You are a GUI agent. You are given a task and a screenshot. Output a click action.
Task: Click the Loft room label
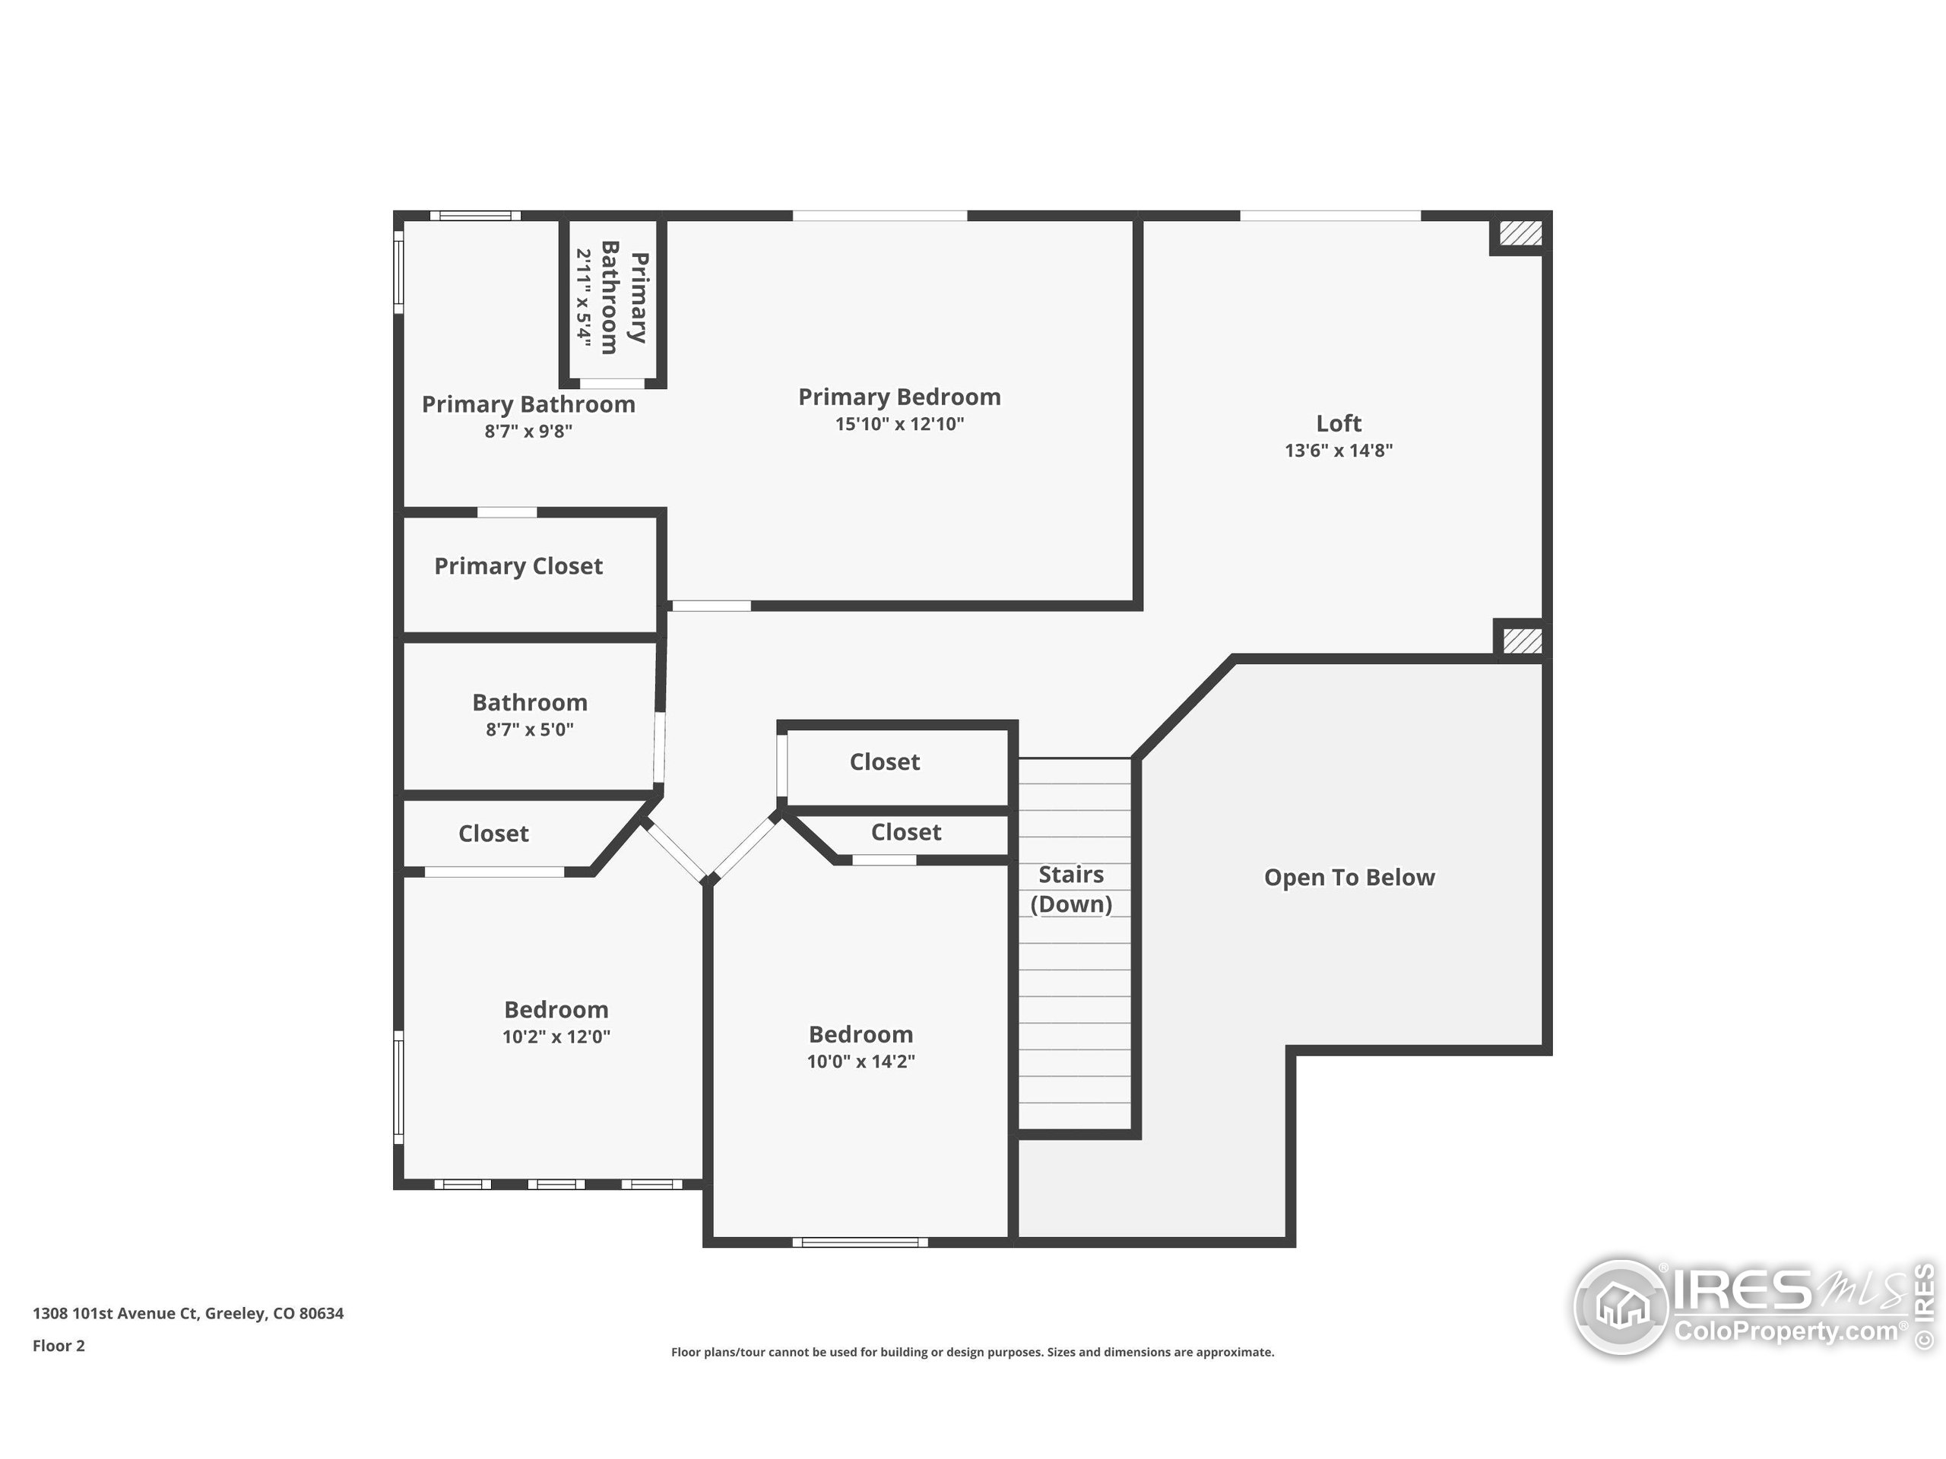point(1338,423)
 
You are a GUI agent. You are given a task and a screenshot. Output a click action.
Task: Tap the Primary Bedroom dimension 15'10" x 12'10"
point(899,424)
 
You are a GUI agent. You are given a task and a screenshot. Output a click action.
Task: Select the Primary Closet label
point(518,566)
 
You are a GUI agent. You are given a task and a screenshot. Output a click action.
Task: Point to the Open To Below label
point(1349,877)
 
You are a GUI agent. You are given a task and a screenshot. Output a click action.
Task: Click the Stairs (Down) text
point(1070,889)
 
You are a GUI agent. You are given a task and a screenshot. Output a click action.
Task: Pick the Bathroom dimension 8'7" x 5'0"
point(529,729)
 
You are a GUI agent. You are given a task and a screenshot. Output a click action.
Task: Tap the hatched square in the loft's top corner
point(1520,233)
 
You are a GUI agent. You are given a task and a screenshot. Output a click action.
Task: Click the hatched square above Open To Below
point(1522,641)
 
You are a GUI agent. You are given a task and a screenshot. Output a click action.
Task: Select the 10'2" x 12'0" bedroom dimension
point(556,1036)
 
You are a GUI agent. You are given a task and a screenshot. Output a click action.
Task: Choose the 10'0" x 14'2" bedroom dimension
point(860,1062)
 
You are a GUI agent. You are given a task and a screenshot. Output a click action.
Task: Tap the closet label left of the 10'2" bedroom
point(493,834)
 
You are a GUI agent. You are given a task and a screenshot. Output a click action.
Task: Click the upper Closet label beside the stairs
point(884,761)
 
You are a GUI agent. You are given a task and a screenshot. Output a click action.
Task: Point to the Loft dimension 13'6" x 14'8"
point(1338,451)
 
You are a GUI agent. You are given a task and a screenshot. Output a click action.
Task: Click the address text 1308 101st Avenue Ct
point(189,1313)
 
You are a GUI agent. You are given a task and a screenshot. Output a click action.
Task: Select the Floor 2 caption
point(59,1346)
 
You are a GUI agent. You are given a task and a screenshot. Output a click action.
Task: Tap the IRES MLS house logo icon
point(1621,1306)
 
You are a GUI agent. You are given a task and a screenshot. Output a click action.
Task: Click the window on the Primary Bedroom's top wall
point(880,216)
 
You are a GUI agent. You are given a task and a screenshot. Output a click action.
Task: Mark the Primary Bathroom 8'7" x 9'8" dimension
point(528,431)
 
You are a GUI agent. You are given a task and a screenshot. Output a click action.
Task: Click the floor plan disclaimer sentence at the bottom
point(972,1352)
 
